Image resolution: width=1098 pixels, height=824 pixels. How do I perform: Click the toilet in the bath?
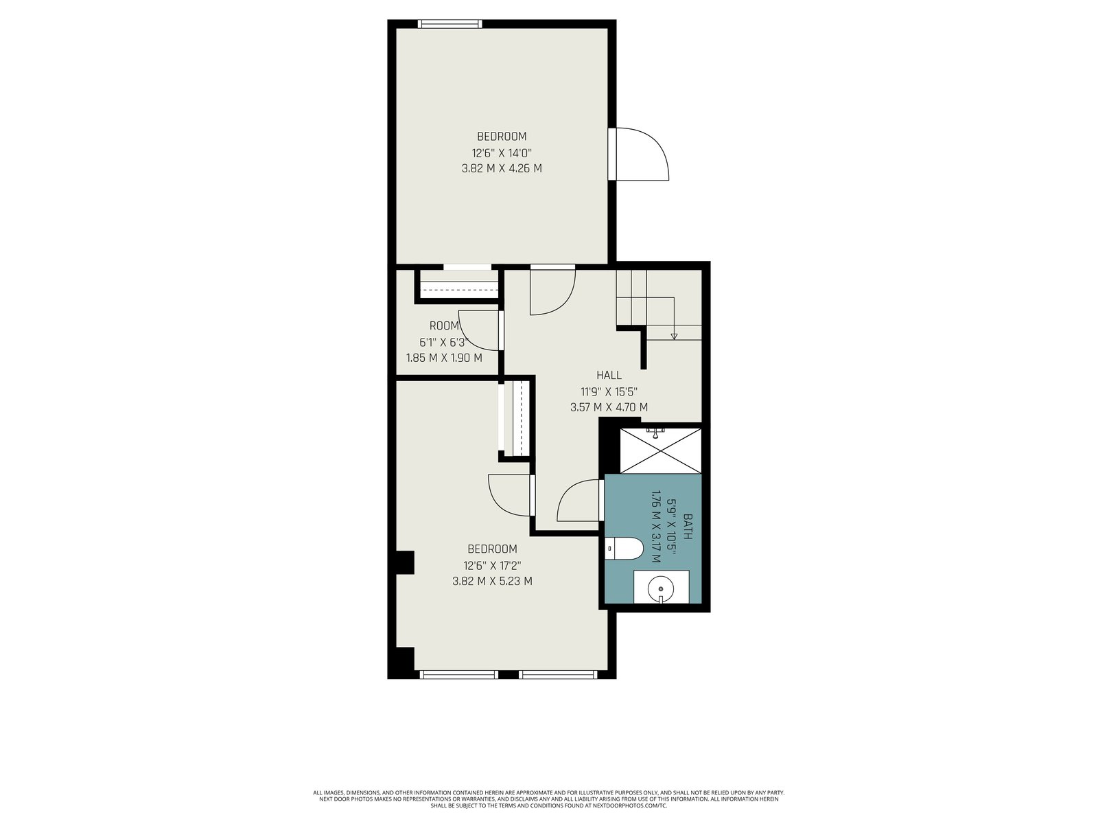coord(623,549)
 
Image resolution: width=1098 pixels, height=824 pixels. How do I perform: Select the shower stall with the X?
coord(660,450)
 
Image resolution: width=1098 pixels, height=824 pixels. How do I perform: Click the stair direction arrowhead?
coord(674,336)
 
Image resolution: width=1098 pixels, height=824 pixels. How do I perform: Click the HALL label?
coord(609,375)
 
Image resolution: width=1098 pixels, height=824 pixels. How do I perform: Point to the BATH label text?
coord(688,526)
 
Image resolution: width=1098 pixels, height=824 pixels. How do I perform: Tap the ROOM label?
coord(444,325)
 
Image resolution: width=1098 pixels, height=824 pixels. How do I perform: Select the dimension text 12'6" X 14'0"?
coord(502,152)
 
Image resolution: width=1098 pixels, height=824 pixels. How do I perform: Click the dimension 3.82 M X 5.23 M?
coord(492,581)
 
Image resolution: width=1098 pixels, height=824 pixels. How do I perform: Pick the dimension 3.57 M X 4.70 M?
coord(609,407)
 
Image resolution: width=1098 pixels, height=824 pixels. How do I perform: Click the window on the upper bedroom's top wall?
coord(449,23)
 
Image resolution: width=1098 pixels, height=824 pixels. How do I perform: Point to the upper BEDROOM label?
coord(502,136)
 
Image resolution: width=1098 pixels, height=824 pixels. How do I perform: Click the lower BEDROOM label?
coord(492,549)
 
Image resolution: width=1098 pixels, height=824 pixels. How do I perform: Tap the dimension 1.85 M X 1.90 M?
coord(444,358)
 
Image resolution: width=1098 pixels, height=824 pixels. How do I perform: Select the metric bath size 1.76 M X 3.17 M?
coord(656,526)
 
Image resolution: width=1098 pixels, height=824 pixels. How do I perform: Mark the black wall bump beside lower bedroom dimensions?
coord(405,563)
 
